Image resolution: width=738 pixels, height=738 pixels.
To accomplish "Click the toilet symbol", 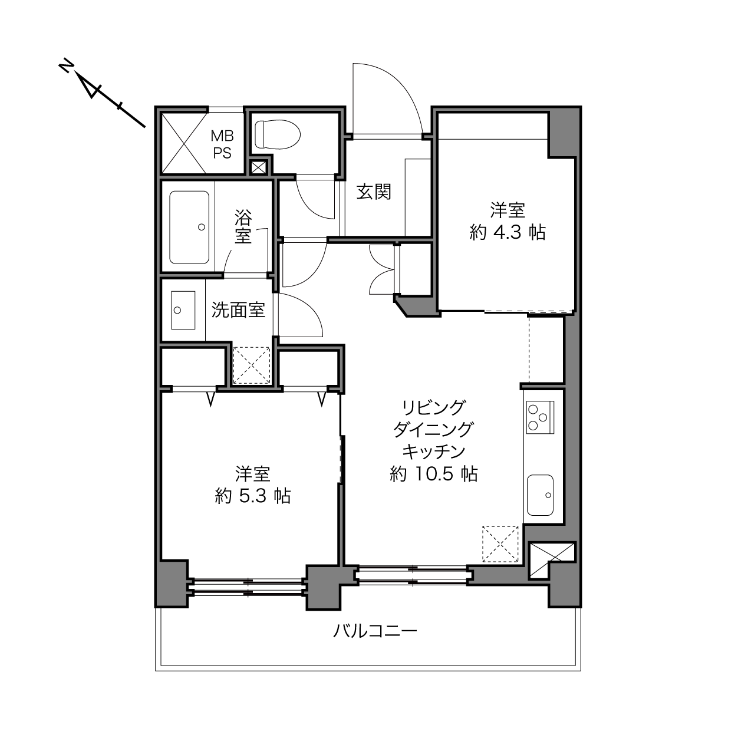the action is pyautogui.click(x=278, y=134).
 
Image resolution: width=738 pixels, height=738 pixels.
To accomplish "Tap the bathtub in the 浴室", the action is pyautogui.click(x=189, y=228).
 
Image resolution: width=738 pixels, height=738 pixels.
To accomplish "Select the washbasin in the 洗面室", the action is pyautogui.click(x=183, y=310).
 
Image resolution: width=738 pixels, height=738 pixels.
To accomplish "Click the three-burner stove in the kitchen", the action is pyautogui.click(x=540, y=417).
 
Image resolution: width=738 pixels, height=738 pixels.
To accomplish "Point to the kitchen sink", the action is pyautogui.click(x=540, y=495).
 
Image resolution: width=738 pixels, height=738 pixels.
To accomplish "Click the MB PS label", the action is pyautogui.click(x=222, y=144).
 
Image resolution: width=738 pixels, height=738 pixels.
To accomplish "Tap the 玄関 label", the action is pyautogui.click(x=374, y=192).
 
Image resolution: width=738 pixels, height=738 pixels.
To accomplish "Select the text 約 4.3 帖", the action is pyautogui.click(x=508, y=232).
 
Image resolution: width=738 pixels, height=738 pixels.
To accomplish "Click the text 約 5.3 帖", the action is pyautogui.click(x=253, y=496).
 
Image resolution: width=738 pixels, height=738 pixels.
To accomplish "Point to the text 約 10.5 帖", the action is pyautogui.click(x=433, y=475).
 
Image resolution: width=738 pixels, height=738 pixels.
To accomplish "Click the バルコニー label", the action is pyautogui.click(x=374, y=631).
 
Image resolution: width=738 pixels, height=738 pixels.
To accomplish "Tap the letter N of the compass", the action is pyautogui.click(x=66, y=66).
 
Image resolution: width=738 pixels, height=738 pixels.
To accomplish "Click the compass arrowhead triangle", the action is pyautogui.click(x=89, y=86).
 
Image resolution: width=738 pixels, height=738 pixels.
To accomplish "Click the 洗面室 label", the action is pyautogui.click(x=238, y=310).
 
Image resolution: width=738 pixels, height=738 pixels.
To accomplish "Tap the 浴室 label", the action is pyautogui.click(x=243, y=227).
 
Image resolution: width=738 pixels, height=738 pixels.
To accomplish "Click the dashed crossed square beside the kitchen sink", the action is pyautogui.click(x=500, y=544).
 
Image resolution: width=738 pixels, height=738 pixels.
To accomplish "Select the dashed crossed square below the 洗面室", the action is pyautogui.click(x=252, y=365).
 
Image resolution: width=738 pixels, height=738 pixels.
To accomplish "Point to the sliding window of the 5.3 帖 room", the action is pyautogui.click(x=248, y=587).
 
